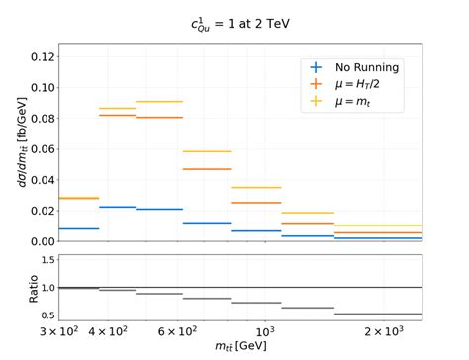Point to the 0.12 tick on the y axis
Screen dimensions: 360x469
coord(36,56)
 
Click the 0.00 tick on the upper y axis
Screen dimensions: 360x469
coord(36,241)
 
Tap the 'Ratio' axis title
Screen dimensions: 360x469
coord(14,287)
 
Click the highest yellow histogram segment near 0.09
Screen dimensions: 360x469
coord(159,101)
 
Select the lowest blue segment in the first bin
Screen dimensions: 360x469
coord(78,228)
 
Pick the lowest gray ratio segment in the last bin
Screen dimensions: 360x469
coord(378,314)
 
